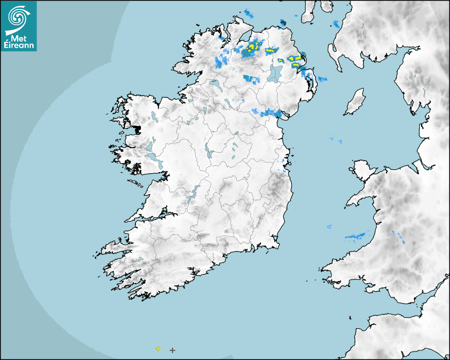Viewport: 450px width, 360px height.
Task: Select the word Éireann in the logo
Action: coord(20,45)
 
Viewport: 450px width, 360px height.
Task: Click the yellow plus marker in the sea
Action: coord(158,348)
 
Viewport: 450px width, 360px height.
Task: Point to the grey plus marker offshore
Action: coord(172,350)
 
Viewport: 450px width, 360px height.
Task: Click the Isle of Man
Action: coord(355,102)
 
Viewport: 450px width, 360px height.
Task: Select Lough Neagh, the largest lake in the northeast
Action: coord(275,73)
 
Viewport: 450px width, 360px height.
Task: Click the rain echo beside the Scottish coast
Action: coord(336,24)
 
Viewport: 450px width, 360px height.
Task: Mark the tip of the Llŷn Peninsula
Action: coord(348,203)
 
